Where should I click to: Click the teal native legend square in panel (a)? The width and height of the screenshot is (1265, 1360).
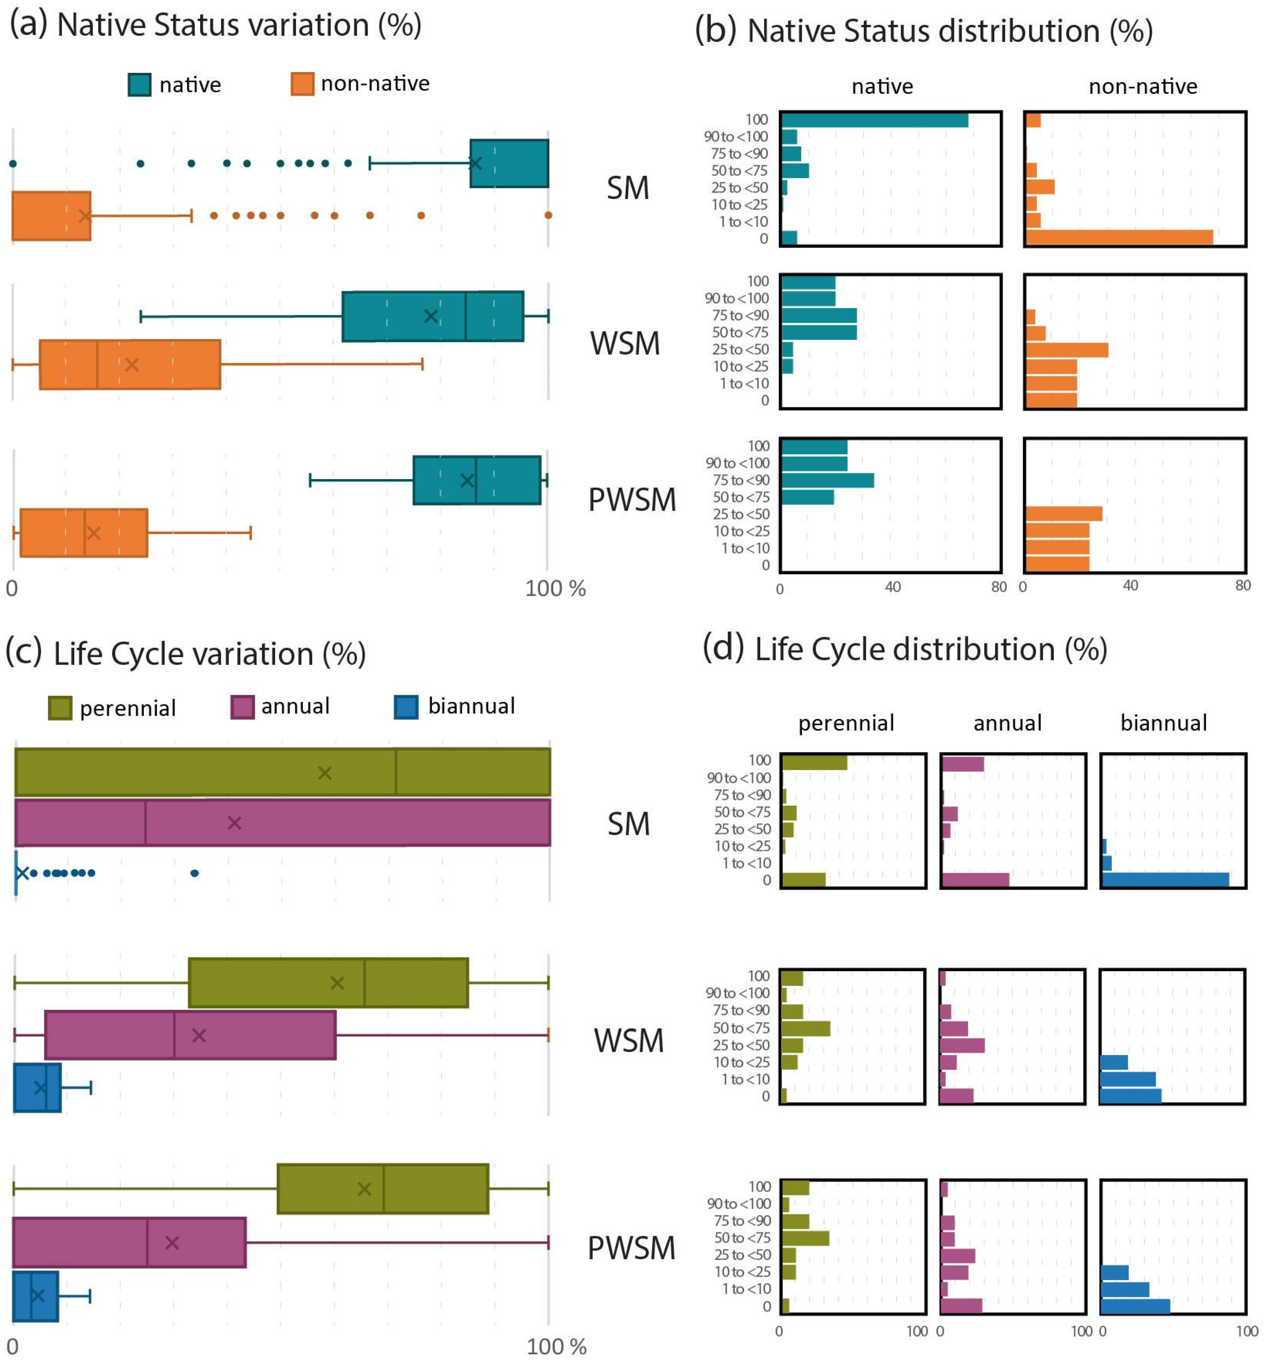click(x=140, y=84)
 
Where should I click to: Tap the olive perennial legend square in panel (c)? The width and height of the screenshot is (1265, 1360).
click(x=60, y=708)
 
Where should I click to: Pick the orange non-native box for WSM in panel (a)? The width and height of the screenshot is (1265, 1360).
click(x=130, y=364)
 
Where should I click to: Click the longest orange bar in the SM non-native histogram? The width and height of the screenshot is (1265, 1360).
click(x=1118, y=238)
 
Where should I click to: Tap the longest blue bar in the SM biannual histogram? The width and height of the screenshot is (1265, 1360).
click(x=1165, y=880)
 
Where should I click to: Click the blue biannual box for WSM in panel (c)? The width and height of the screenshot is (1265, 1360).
click(x=37, y=1087)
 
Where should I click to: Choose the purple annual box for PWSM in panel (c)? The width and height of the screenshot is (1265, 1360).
click(x=129, y=1242)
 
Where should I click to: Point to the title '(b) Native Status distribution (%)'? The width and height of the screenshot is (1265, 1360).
click(x=924, y=32)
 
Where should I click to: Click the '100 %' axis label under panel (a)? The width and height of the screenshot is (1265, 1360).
click(x=555, y=588)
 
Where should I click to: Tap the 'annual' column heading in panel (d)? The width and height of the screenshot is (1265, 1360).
click(x=1007, y=723)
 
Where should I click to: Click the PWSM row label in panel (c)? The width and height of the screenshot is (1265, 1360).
click(x=631, y=1248)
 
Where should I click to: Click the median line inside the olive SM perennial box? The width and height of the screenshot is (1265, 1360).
click(x=395, y=772)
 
